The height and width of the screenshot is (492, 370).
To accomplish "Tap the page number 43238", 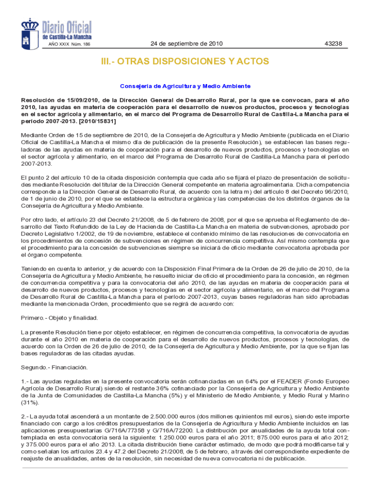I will [333, 44].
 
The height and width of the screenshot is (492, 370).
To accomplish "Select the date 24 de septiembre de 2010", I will [186, 44].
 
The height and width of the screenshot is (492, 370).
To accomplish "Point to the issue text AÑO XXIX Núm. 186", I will [69, 45].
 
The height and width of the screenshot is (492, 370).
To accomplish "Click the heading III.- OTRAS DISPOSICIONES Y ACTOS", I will [185, 62].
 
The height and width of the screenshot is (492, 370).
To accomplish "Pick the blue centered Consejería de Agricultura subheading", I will [185, 86].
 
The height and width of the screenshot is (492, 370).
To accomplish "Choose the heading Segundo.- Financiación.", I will [54, 368].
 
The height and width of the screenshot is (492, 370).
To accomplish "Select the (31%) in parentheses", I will [28, 403].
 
